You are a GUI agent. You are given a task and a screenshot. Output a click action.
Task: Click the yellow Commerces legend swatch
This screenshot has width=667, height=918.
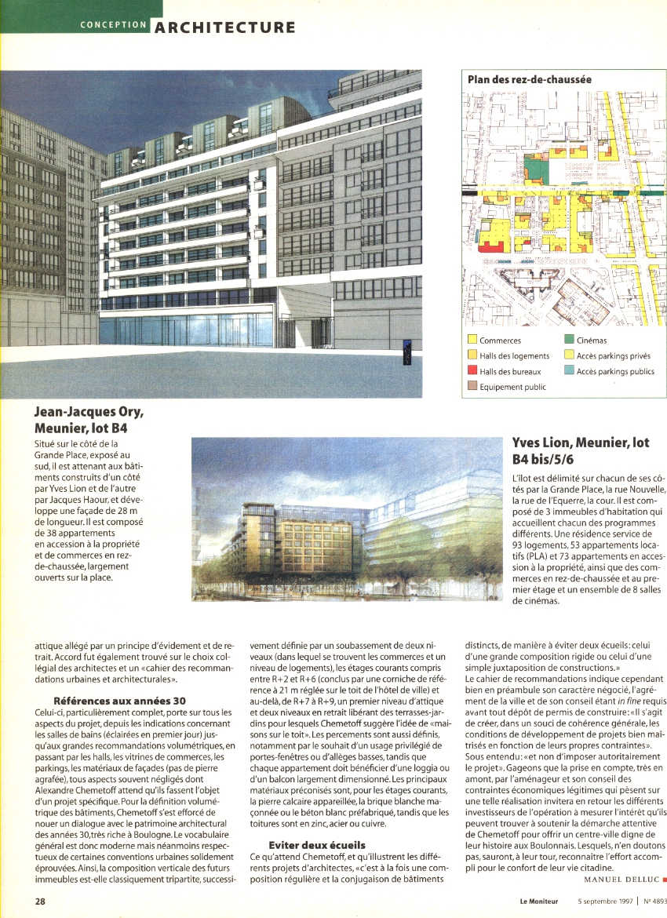click(x=472, y=341)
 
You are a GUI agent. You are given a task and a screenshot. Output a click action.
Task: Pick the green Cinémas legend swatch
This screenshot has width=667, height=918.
click(x=570, y=341)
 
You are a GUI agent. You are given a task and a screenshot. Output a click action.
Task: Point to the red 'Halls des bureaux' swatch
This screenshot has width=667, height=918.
click(x=472, y=371)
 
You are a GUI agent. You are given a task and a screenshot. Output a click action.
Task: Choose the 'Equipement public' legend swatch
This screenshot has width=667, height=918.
click(x=472, y=387)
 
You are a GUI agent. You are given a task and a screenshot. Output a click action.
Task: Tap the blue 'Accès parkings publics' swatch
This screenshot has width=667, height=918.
click(x=570, y=371)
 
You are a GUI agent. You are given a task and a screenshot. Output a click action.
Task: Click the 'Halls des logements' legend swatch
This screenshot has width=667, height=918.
click(x=472, y=356)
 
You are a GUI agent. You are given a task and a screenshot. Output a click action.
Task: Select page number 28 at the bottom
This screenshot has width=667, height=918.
click(x=39, y=902)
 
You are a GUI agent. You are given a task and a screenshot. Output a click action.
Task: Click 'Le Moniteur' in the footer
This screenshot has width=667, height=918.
click(x=538, y=902)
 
